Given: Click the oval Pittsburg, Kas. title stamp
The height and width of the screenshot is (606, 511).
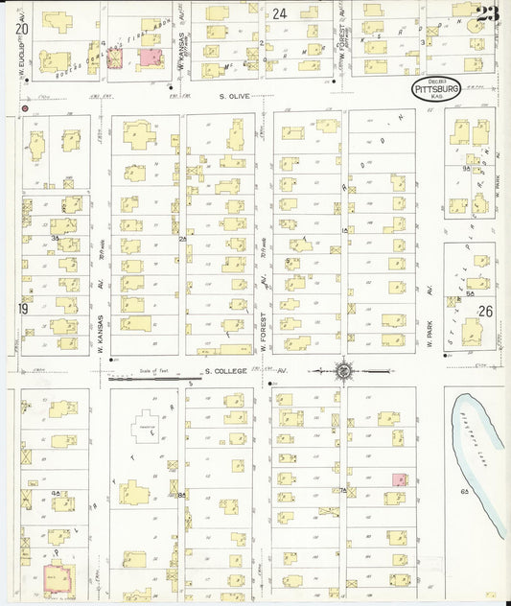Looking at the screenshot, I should coord(435,89).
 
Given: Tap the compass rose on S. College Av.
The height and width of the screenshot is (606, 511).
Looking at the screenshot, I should coord(341,368).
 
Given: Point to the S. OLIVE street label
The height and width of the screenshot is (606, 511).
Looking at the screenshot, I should coord(233,96).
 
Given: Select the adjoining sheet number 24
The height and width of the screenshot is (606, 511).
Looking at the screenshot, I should coord(279,13).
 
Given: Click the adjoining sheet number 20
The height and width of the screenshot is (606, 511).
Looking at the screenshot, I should coord(21,30).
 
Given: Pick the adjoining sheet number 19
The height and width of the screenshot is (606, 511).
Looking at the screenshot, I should coord(21,309).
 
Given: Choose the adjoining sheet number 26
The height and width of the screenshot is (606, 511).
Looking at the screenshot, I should coord(485,311).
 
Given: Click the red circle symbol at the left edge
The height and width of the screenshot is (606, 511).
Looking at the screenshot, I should coord(24,109).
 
